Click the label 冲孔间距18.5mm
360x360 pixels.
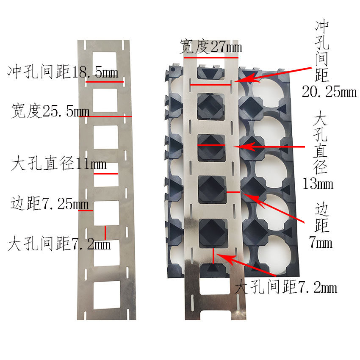pyautogui.click(x=63, y=72)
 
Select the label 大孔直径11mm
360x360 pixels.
pyautogui.click(x=59, y=163)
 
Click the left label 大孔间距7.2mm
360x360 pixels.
pyautogui.click(x=59, y=244)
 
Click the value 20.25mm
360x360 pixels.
pyautogui.click(x=329, y=91)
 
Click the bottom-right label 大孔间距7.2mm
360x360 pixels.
pyautogui.click(x=286, y=288)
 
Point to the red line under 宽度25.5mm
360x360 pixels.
pyautogui.click(x=105, y=116)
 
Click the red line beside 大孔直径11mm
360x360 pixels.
pyautogui.click(x=106, y=174)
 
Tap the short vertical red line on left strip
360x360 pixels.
pyautogui.click(x=105, y=233)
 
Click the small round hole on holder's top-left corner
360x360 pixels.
pyautogui.click(x=173, y=69)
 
